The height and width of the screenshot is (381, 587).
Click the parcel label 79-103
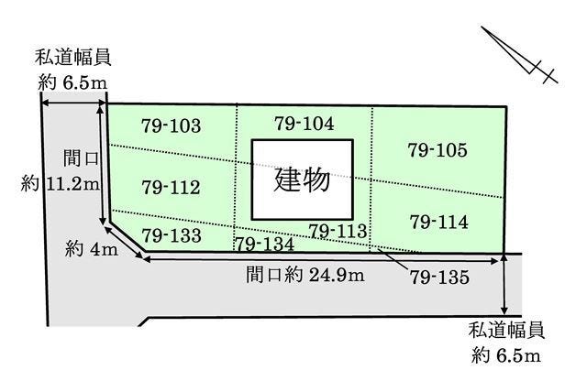[172, 125]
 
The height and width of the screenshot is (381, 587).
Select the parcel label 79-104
[305, 122]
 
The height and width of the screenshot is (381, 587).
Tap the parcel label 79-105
[437, 149]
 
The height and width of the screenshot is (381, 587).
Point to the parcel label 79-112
[172, 188]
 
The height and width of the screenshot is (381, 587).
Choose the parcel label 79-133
[172, 234]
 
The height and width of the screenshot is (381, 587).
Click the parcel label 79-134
[264, 244]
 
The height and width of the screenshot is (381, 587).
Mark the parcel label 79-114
[439, 222]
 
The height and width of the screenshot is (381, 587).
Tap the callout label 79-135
[439, 275]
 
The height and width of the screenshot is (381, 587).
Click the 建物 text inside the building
[303, 179]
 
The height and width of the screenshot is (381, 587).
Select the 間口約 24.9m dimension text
[305, 273]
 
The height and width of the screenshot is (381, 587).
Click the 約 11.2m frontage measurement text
[61, 183]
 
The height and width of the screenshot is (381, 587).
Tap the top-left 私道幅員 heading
[73, 57]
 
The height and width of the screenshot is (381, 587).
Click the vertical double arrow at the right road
[506, 284]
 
